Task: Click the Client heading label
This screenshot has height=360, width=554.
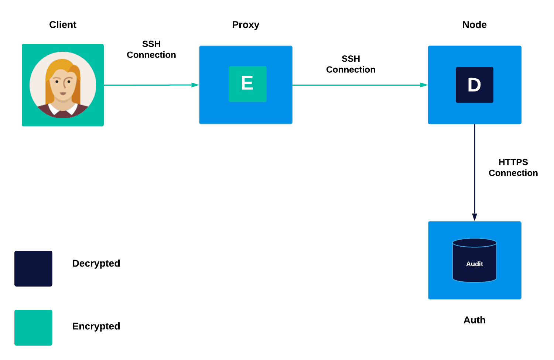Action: [63, 25]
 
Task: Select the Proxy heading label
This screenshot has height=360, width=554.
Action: [246, 25]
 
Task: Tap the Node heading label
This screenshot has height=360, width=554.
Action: [474, 25]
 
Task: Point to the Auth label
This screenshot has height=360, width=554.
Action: [474, 320]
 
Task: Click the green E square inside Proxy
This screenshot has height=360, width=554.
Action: [247, 84]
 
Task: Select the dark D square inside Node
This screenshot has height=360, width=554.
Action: [474, 85]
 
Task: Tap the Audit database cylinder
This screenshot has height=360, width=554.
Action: [474, 260]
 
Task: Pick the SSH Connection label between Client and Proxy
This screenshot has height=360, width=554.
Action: [151, 49]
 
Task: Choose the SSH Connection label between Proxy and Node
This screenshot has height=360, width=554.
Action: [350, 64]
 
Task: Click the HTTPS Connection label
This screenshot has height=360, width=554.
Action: [513, 168]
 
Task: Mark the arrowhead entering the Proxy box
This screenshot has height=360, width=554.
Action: [195, 85]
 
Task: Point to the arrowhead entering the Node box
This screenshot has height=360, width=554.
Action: [424, 85]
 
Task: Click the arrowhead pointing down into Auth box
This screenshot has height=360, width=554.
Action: [475, 217]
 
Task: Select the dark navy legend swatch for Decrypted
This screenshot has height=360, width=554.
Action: [33, 268]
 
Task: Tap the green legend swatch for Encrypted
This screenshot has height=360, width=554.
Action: [33, 328]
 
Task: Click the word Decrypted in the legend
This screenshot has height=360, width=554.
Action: [96, 263]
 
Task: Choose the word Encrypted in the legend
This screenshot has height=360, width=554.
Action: [96, 326]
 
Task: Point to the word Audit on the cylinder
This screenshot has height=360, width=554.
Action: [474, 264]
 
